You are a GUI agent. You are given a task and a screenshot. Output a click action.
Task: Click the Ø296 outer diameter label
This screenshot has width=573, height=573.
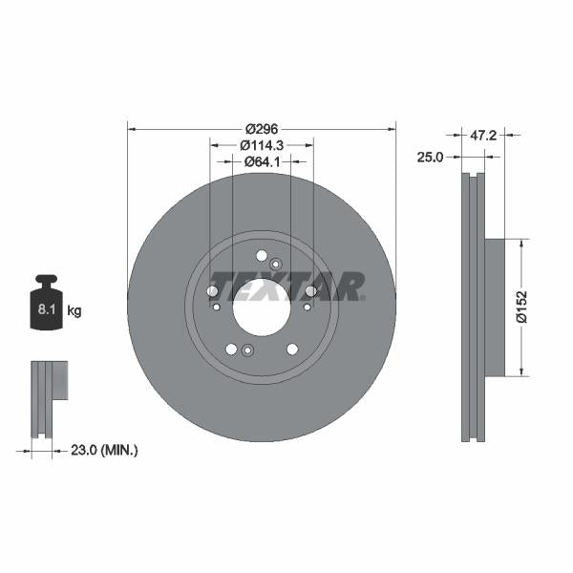tap(261, 129)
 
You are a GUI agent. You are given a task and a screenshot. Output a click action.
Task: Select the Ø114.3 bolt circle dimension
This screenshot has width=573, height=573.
tap(261, 145)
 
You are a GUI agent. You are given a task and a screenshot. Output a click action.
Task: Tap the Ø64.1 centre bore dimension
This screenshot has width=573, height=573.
tap(261, 161)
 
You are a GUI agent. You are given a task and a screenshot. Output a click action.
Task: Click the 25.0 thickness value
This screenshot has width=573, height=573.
tap(430, 158)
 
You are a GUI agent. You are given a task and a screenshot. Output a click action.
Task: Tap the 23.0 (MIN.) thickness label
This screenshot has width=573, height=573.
tap(105, 450)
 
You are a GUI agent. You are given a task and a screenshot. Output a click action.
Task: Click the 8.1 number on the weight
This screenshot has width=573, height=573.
tap(45, 310)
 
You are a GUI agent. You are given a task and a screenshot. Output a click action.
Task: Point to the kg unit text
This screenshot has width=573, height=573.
tap(73, 311)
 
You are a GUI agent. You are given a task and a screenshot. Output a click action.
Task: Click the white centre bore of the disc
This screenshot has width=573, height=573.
tap(261, 308)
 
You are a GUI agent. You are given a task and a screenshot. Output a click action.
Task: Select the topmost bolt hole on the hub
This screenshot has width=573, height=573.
tap(261, 254)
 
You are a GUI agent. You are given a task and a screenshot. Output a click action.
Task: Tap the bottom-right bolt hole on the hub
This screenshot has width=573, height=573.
tap(291, 350)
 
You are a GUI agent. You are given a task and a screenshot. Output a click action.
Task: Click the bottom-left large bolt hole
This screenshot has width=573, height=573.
tap(230, 350)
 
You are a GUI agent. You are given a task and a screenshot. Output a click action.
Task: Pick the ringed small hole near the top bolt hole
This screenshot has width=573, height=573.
tap(275, 264)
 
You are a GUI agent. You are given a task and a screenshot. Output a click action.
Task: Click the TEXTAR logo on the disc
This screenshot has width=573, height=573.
tap(286, 286)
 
